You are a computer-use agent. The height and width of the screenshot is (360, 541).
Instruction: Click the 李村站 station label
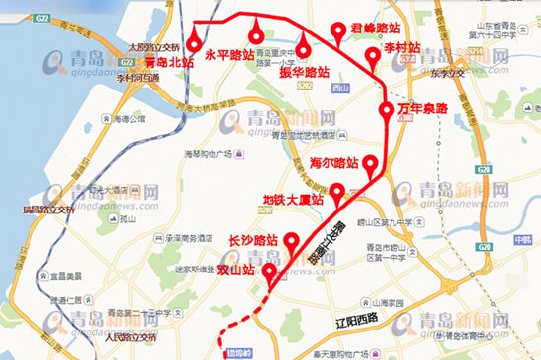point(401,47)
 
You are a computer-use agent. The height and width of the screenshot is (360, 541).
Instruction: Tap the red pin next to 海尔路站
point(370,165)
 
